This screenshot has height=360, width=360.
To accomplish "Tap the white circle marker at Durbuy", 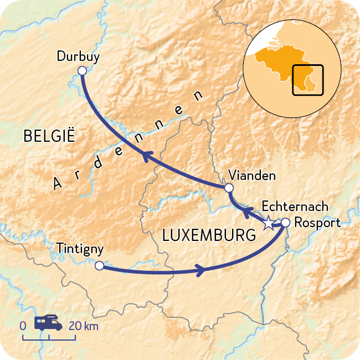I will (83, 70).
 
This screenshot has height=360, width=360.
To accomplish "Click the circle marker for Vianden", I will (229, 188).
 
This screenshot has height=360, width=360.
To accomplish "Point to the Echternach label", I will (294, 207).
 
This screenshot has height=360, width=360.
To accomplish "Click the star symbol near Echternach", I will (268, 224).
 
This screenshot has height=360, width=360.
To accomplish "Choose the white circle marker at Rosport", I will (285, 223).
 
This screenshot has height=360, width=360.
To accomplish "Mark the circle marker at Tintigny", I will (99, 266).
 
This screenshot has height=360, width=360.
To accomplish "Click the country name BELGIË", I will (49, 136).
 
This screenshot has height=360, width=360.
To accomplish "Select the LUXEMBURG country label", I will (209, 236).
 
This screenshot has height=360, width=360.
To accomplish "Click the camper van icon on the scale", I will (48, 324).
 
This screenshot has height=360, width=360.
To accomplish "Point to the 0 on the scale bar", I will (23, 326).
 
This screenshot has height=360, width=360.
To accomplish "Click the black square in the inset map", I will (308, 80).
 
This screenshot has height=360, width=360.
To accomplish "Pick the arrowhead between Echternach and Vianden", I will (248, 213).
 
